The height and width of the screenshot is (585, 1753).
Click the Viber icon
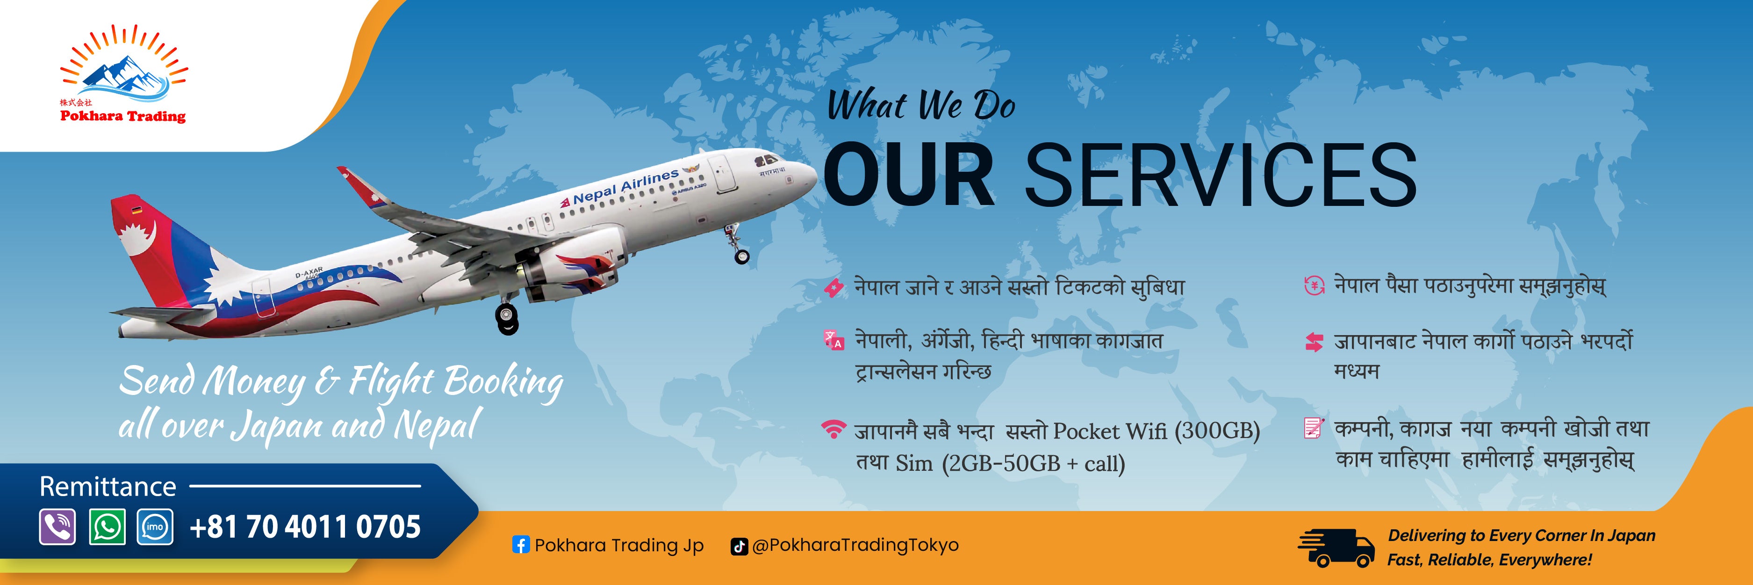coord(57,526)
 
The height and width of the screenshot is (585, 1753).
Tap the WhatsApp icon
coord(107,526)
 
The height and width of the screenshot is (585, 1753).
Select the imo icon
coord(155,526)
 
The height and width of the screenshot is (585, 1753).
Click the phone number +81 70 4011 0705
coord(305,527)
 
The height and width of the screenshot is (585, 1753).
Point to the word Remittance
coord(108,486)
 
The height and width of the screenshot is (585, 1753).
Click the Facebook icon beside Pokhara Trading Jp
coord(521,545)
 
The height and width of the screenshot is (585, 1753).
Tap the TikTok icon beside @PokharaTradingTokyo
coord(738,546)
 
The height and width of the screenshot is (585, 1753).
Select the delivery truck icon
coord(1336,548)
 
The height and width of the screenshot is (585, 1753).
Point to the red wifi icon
coord(833,430)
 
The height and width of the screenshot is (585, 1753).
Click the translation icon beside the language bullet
coord(833,340)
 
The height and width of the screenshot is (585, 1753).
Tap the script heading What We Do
coord(921,106)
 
